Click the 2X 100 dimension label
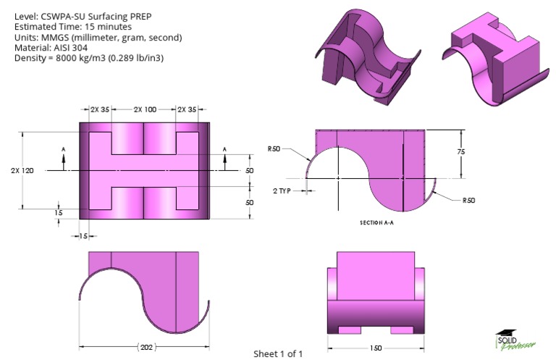pos(145,109)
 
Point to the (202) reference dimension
pos(146,347)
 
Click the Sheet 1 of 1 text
pos(278,353)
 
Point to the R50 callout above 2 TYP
pos(274,149)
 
